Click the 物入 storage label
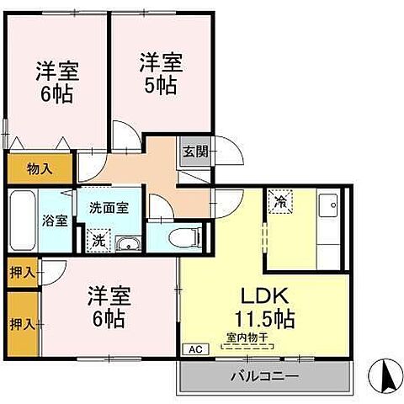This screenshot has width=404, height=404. coord(40,168)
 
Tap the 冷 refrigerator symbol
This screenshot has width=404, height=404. coord(279,201)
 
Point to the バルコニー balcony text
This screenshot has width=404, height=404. coord(263,375)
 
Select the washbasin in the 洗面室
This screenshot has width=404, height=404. coord(129,244)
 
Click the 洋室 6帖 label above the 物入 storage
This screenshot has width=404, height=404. coord(54,81)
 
